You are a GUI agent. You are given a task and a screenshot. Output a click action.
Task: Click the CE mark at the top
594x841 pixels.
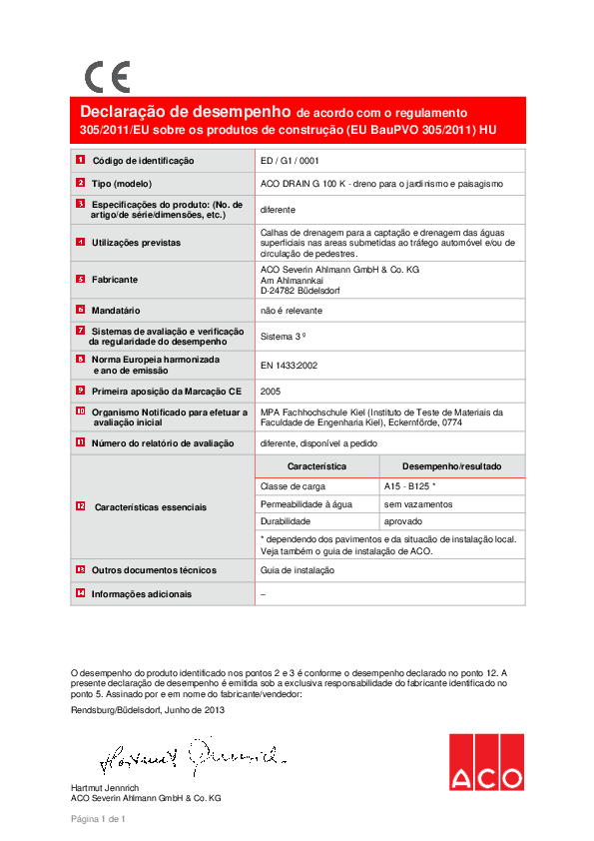pyautogui.click(x=107, y=76)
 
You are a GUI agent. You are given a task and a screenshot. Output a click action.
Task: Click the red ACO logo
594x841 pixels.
pyautogui.click(x=485, y=762)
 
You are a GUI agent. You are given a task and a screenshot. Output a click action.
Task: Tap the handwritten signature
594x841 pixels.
pyautogui.click(x=193, y=759)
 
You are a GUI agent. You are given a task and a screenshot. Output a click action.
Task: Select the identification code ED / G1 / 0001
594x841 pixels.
pyautogui.click(x=290, y=160)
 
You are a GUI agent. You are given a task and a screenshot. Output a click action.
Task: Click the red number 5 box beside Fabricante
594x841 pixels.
pyautogui.click(x=80, y=279)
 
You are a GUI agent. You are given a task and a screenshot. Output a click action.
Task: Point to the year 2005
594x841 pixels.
pyautogui.click(x=270, y=391)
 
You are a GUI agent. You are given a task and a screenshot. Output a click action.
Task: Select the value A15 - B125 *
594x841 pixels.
pyautogui.click(x=410, y=485)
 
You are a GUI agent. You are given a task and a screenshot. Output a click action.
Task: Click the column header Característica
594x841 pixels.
pyautogui.click(x=316, y=466)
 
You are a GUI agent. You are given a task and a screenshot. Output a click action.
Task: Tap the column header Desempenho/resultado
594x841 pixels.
pyautogui.click(x=451, y=466)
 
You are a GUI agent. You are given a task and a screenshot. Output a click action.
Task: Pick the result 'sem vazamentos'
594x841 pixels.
pyautogui.click(x=418, y=503)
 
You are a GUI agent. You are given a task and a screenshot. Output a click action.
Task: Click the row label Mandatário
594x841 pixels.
pyautogui.click(x=116, y=312)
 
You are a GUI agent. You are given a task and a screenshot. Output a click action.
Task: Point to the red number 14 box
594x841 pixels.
pyautogui.click(x=80, y=593)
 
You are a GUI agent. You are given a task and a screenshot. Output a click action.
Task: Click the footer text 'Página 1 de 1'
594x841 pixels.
pyautogui.click(x=98, y=820)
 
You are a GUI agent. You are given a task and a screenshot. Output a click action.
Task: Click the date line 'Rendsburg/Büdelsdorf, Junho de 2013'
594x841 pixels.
pyautogui.click(x=148, y=709)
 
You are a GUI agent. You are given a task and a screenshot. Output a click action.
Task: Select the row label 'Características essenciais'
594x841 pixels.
pyautogui.click(x=151, y=507)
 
